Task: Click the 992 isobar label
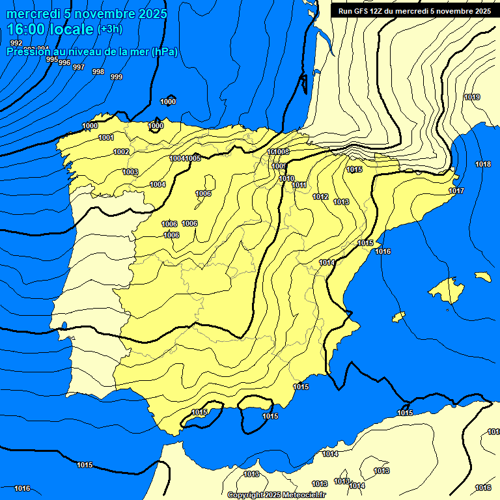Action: (16, 43)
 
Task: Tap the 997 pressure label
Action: (79, 67)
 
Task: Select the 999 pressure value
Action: (117, 77)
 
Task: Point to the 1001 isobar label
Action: (106, 137)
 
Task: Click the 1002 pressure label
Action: (121, 152)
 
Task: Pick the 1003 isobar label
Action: (130, 172)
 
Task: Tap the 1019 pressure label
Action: (472, 97)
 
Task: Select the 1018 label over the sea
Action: (483, 164)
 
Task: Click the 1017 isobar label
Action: (456, 191)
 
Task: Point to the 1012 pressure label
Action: (320, 197)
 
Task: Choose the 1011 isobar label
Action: (299, 186)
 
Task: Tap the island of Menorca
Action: (482, 276)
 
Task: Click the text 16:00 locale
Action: (50, 29)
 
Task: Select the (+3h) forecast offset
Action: (109, 29)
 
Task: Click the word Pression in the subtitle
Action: (26, 51)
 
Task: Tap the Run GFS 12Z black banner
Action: (415, 11)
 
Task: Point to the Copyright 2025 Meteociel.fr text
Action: (277, 495)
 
